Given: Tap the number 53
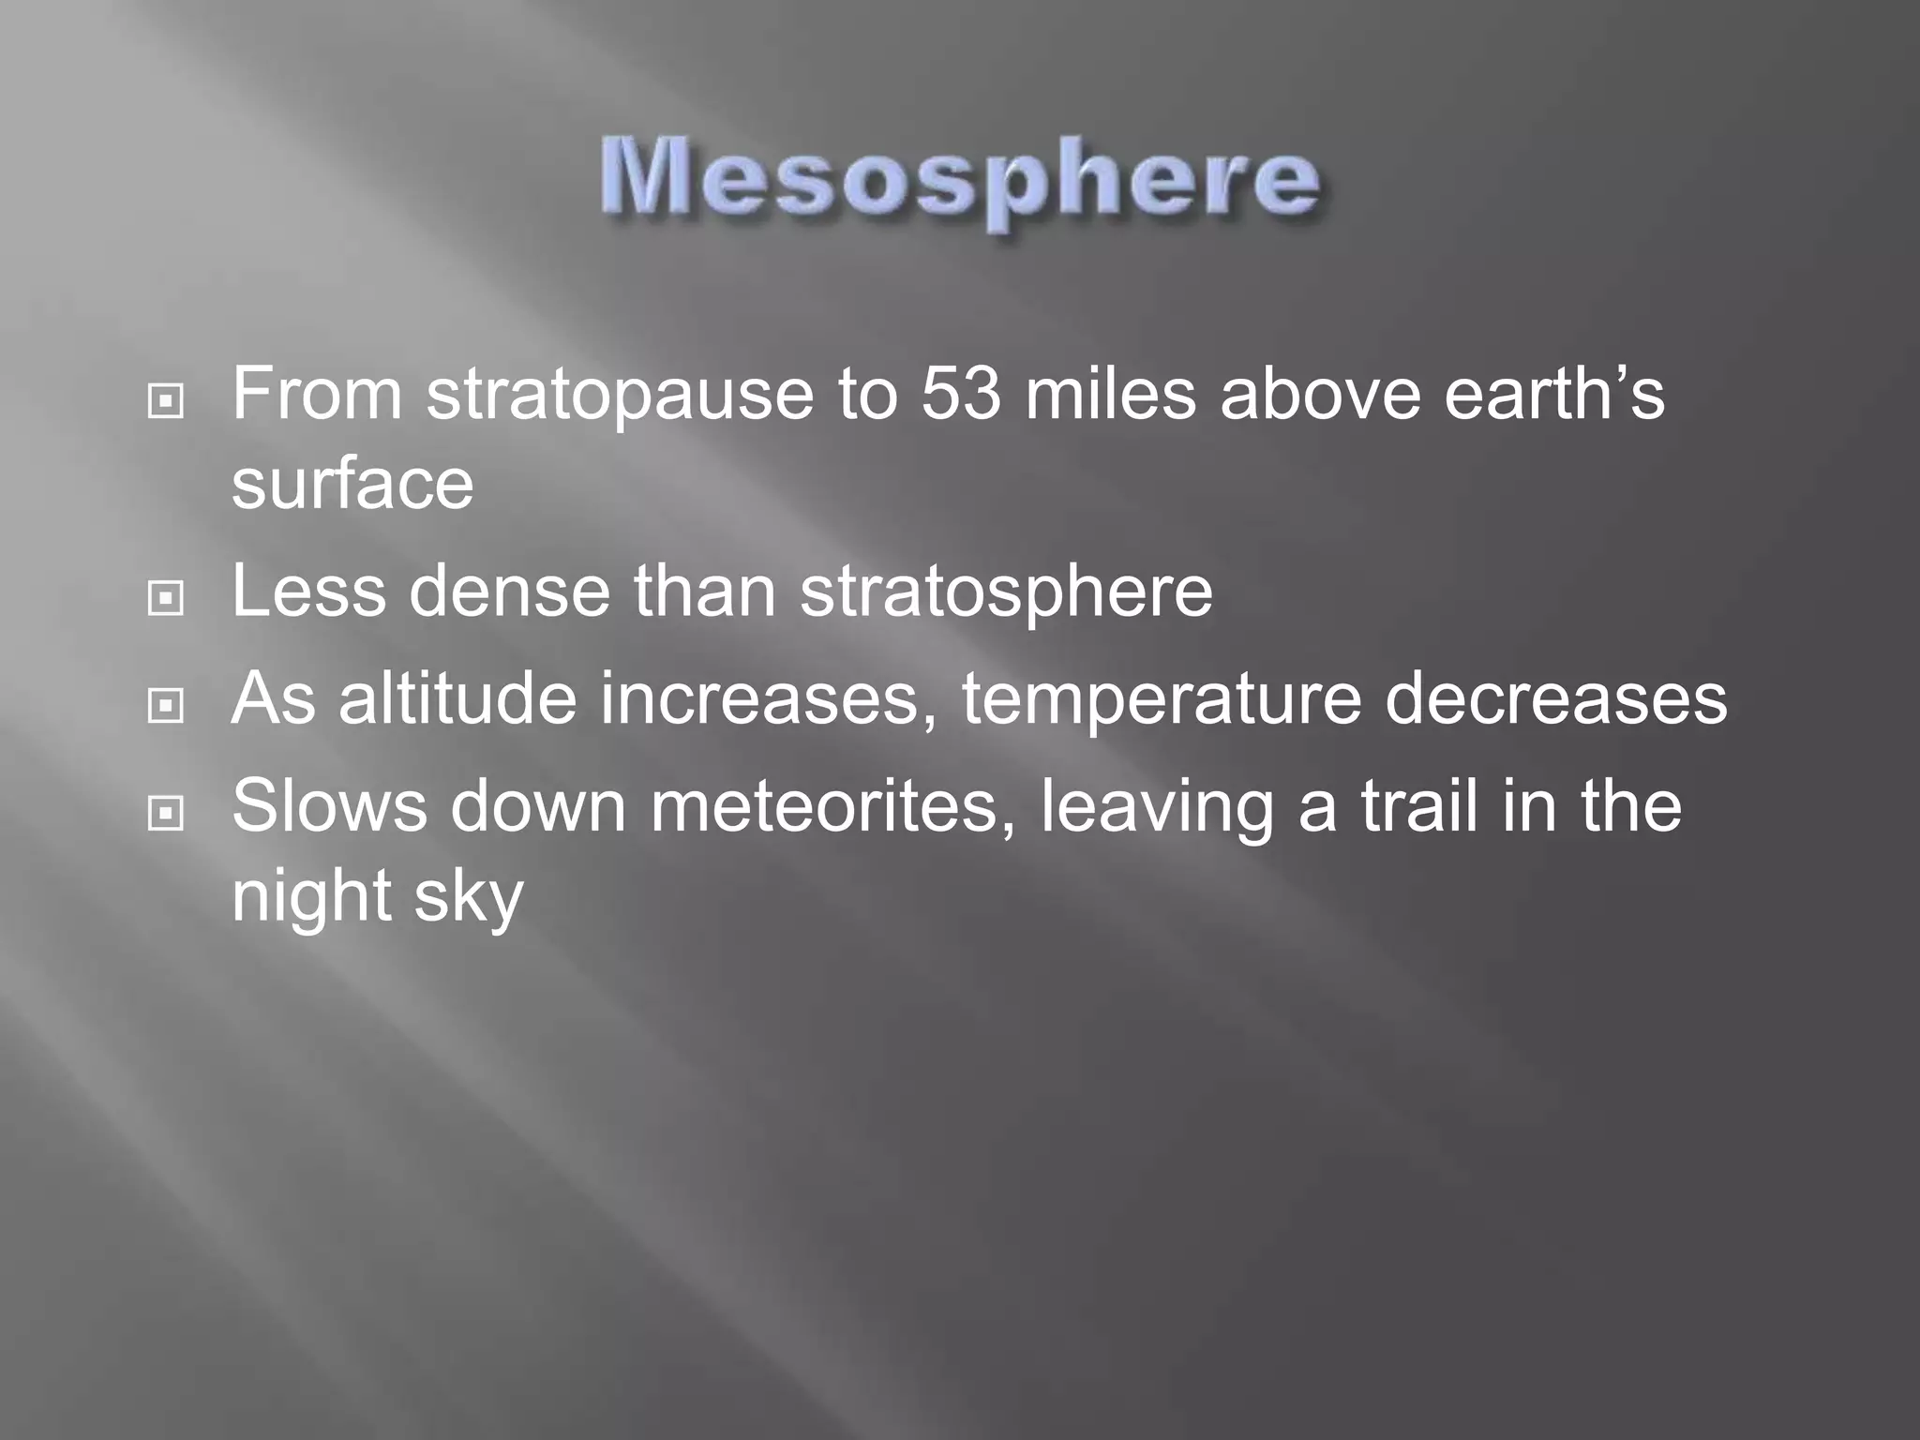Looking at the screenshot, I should coord(960,394).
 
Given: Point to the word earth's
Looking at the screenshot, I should coord(1553,394).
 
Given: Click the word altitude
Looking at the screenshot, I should coord(457,698).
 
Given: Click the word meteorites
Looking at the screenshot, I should coord(832,806).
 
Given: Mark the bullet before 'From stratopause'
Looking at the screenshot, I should coord(166,402).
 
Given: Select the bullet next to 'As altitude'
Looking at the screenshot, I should coord(166,705).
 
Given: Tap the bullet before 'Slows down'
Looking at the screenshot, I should coord(166,813).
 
